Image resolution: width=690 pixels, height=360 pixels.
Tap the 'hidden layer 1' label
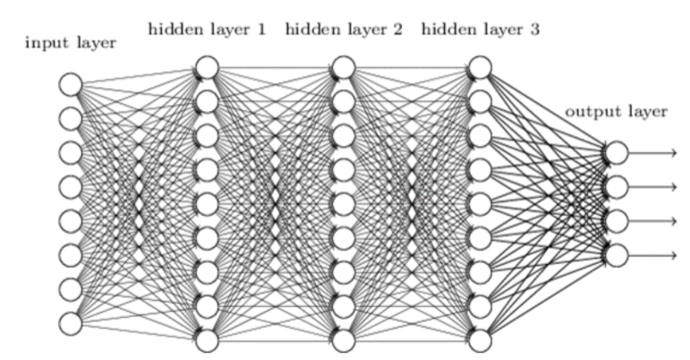(206, 29)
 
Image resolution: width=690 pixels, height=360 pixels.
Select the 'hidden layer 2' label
(344, 29)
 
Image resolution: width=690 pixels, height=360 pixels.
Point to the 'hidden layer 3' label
(480, 29)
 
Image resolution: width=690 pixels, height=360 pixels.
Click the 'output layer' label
(616, 112)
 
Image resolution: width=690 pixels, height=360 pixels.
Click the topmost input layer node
(70, 85)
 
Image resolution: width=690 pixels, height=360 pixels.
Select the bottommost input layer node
(70, 323)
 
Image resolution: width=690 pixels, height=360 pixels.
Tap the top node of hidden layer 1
(207, 67)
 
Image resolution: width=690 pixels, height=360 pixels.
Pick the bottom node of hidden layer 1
(207, 341)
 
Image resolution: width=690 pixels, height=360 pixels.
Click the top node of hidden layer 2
(344, 67)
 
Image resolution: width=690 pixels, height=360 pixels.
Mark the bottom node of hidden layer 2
(344, 341)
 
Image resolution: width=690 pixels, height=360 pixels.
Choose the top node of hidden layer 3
(481, 67)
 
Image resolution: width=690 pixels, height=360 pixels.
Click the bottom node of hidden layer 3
(481, 341)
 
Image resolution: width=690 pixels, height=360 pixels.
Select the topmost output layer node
(617, 153)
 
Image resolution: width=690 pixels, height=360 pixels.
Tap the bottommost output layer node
(617, 256)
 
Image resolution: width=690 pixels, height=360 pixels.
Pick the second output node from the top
(617, 187)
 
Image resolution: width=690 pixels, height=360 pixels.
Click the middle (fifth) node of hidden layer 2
(344, 204)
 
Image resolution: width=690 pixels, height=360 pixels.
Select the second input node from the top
(70, 119)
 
